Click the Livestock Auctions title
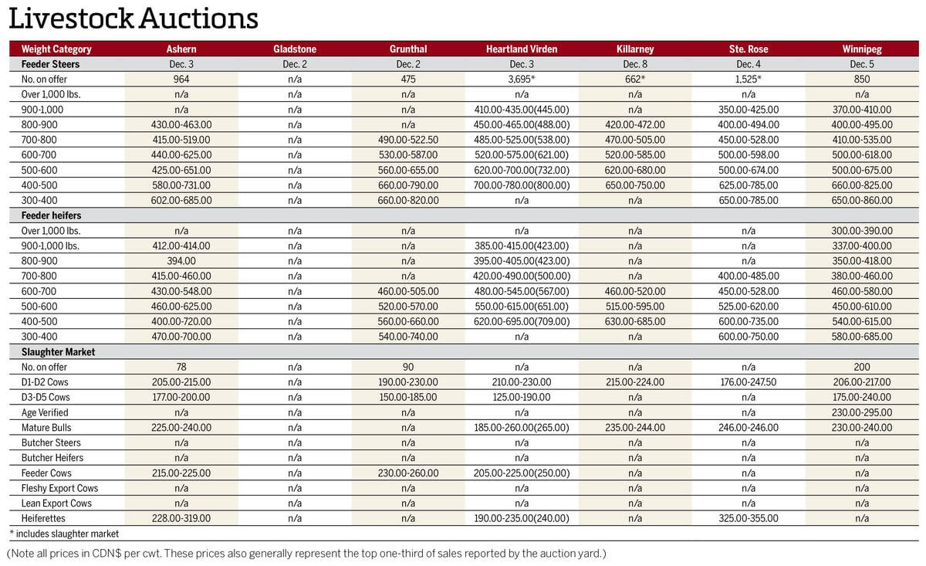[133, 18]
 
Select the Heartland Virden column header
[521, 49]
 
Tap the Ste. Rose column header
[748, 49]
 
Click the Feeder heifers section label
[51, 215]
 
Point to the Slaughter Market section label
[58, 352]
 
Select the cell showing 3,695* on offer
[521, 79]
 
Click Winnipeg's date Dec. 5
[862, 64]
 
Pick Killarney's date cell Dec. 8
[635, 64]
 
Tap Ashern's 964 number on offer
[181, 79]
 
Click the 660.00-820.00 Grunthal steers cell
[408, 200]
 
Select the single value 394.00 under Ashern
[181, 261]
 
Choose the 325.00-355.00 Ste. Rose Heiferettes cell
[748, 518]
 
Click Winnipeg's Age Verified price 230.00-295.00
[862, 412]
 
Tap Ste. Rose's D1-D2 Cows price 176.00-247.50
[748, 382]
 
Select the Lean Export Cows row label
[56, 503]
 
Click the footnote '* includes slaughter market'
[64, 534]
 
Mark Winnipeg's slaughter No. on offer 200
[862, 367]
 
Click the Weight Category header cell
[56, 49]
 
